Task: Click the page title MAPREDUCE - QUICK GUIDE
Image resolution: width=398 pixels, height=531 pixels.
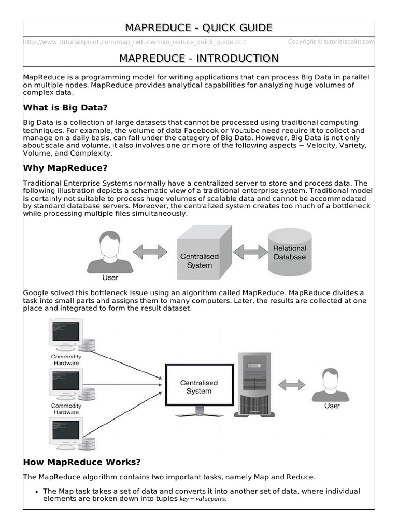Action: (198, 27)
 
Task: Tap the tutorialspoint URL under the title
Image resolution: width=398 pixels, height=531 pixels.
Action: (135, 42)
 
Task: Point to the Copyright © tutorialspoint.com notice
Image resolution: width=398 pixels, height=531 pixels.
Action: (331, 41)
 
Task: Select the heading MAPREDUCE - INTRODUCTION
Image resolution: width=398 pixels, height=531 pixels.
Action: (198, 58)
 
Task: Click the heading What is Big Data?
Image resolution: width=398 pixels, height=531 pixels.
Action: (65, 108)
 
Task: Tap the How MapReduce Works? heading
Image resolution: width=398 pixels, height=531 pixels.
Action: (82, 462)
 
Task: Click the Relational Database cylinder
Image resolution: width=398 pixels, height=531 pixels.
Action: (290, 253)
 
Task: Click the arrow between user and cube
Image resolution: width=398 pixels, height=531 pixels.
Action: (150, 252)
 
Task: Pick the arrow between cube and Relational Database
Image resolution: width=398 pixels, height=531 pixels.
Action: (250, 252)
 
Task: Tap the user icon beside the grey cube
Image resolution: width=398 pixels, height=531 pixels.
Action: (109, 253)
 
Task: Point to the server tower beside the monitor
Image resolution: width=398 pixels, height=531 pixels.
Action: (253, 384)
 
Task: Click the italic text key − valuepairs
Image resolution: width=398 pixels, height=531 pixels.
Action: (203, 499)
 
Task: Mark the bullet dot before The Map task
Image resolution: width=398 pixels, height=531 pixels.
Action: (36, 491)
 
